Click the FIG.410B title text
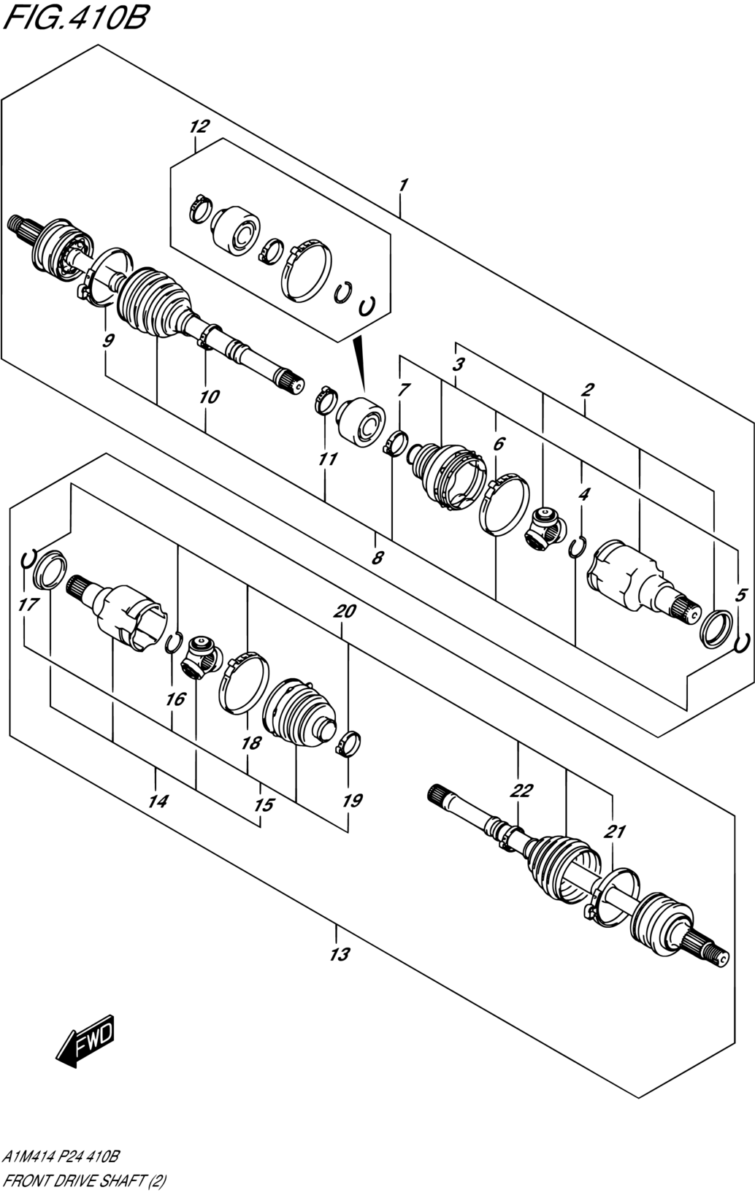pyautogui.click(x=74, y=18)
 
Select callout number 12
pyautogui.click(x=199, y=126)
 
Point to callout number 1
pyautogui.click(x=404, y=185)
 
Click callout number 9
pyautogui.click(x=108, y=340)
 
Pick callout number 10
pyautogui.click(x=210, y=396)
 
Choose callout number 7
pyautogui.click(x=404, y=389)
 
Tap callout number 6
pyautogui.click(x=499, y=443)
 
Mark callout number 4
pyautogui.click(x=584, y=494)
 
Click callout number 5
pyautogui.click(x=740, y=595)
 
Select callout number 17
pyautogui.click(x=28, y=604)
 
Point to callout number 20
pyautogui.click(x=344, y=611)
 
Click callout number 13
pyautogui.click(x=340, y=954)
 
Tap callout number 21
pyautogui.click(x=614, y=831)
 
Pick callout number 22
pyautogui.click(x=521, y=790)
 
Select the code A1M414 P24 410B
pyautogui.click(x=61, y=1157)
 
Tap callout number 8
pyautogui.click(x=377, y=558)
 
